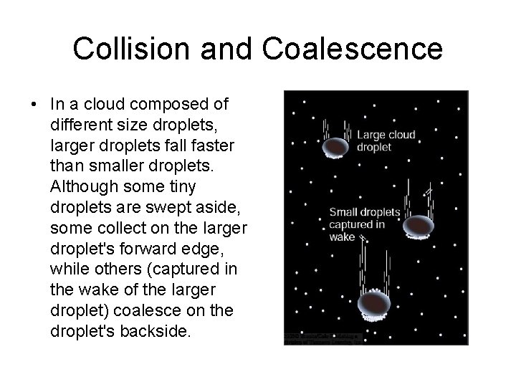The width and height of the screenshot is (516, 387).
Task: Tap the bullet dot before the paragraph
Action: click(34, 105)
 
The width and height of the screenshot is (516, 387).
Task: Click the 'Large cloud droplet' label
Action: click(386, 140)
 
